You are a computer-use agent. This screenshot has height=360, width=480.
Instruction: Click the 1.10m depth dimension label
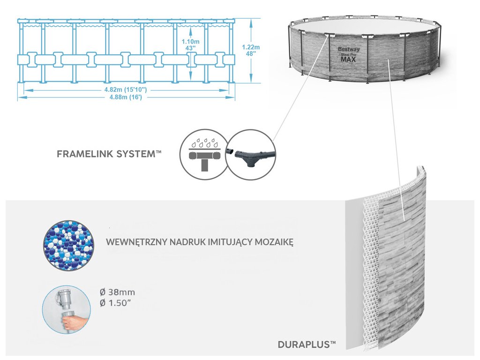tap(190, 45)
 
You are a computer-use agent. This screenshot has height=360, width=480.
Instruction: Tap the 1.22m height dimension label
tap(251, 50)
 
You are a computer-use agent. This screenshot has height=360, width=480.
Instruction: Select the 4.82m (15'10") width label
tap(126, 90)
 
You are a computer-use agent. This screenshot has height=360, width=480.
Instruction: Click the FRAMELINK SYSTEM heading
tap(109, 154)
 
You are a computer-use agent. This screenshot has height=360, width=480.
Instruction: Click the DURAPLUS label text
tap(307, 345)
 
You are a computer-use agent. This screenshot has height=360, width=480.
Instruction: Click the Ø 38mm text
tap(118, 292)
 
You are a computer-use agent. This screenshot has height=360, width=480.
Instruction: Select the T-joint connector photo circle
tap(251, 155)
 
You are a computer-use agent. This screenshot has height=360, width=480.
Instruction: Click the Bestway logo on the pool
tap(349, 49)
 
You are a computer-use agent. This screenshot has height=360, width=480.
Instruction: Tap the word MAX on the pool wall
tap(348, 60)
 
